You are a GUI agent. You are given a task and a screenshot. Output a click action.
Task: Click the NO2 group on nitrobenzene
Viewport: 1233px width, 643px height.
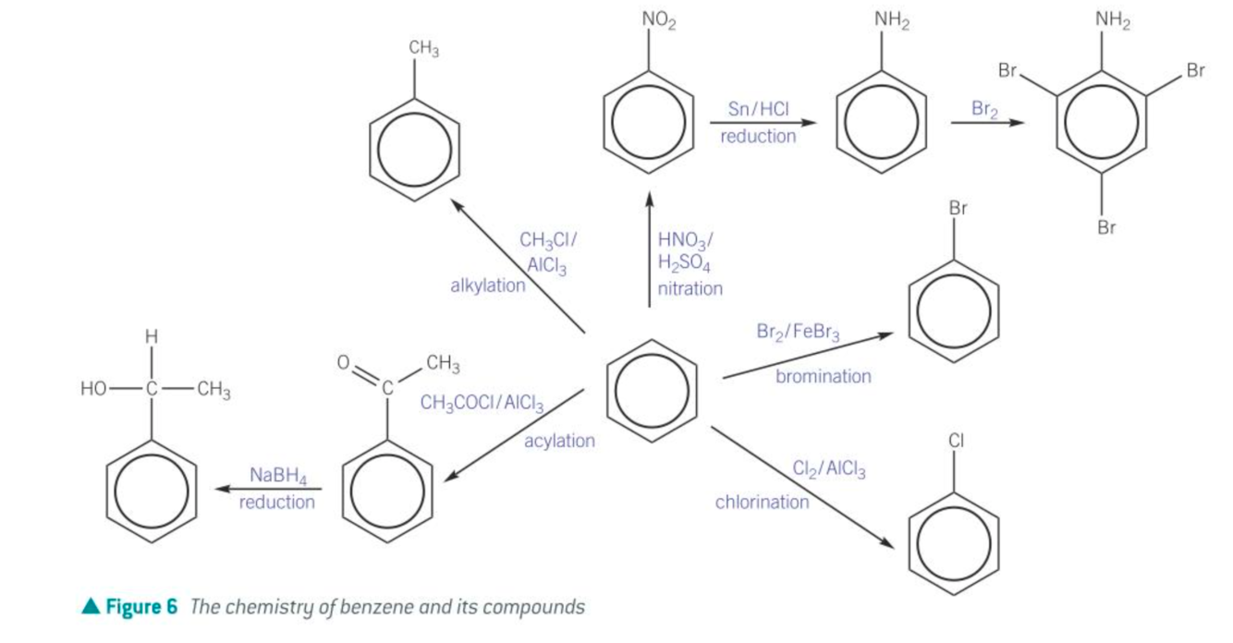(658, 21)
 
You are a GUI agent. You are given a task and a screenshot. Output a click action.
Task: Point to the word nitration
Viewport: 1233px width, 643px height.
(690, 288)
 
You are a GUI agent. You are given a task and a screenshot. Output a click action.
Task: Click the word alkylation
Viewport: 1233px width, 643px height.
(487, 285)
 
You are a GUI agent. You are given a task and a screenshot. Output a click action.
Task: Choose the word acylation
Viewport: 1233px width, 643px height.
(559, 441)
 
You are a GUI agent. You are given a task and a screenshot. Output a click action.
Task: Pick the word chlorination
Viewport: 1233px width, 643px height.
(762, 502)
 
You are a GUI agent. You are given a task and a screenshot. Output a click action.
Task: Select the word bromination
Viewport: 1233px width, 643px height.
(823, 376)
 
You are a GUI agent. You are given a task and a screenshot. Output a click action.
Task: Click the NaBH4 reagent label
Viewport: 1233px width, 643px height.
(277, 476)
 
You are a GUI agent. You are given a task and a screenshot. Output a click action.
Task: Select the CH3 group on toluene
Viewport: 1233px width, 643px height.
(423, 49)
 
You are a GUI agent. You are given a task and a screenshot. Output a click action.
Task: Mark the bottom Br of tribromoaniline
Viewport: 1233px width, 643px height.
(1105, 226)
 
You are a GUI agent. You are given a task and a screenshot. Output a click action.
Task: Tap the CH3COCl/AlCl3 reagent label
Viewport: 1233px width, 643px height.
(481, 403)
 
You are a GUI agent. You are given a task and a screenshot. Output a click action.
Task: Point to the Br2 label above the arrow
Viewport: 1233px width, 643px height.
(985, 109)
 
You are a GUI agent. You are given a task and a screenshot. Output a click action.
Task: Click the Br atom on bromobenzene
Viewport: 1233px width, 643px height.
(958, 209)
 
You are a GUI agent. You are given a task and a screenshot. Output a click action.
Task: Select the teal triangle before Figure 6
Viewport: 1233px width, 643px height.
(90, 607)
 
